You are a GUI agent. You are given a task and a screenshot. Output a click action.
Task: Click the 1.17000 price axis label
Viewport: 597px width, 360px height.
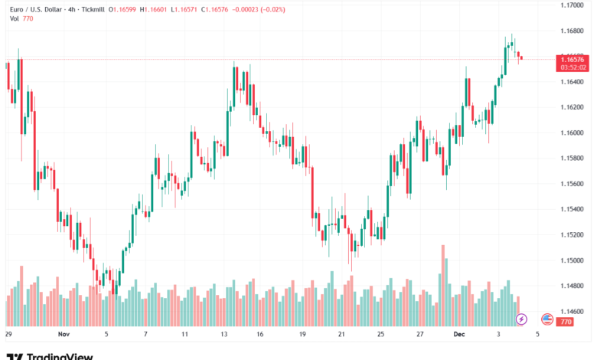tap(573, 5)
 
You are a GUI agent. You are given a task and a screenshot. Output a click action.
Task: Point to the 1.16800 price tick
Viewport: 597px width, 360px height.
tap(573, 31)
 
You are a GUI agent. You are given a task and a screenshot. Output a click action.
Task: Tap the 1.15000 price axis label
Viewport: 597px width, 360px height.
tap(573, 261)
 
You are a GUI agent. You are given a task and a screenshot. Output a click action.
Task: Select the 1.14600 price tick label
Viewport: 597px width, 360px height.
tap(573, 312)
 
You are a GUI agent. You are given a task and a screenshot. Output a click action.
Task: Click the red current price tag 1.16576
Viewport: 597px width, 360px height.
tap(573, 59)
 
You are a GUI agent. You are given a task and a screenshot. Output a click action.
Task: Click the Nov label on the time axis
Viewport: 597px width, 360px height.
tap(64, 335)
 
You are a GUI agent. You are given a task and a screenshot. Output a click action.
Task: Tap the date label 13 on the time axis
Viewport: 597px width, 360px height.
tap(225, 335)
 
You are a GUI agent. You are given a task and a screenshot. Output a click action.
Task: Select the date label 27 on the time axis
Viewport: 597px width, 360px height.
tap(420, 335)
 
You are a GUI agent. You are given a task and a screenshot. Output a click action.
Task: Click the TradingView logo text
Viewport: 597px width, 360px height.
tap(60, 355)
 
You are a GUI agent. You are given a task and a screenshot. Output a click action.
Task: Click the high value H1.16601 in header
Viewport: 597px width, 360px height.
tap(152, 10)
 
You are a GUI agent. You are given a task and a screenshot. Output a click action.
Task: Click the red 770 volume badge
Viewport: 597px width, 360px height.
tap(566, 322)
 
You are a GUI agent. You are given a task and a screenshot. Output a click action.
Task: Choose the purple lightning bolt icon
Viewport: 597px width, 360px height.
tap(521, 319)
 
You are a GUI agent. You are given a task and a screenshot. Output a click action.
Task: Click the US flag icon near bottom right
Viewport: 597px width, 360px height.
tap(547, 319)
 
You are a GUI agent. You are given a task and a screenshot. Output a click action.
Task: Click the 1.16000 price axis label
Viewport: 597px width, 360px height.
tap(573, 133)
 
